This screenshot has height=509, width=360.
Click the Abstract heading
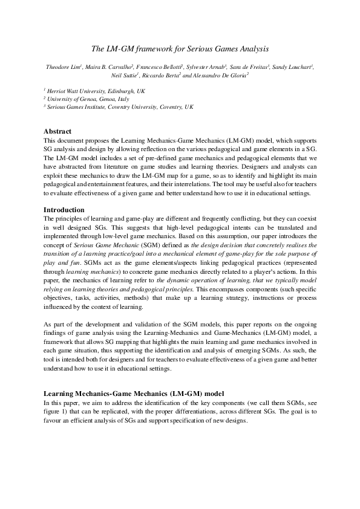click(58, 131)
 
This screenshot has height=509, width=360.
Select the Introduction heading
click(64, 210)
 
